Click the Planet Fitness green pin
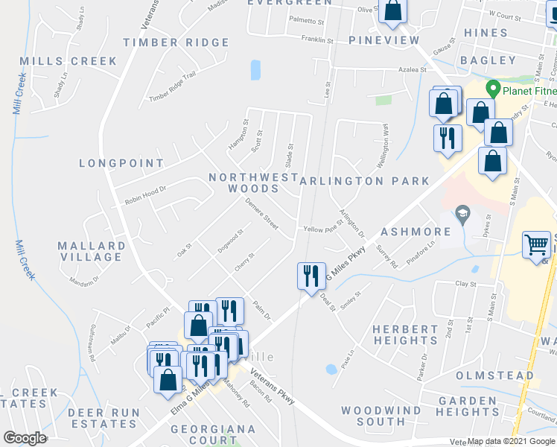pyautogui.click(x=491, y=89)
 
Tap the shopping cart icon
pyautogui.click(x=536, y=245)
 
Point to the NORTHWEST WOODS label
pyautogui.click(x=254, y=183)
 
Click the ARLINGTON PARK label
pyautogui.click(x=364, y=181)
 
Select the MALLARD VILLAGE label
pyautogui.click(x=92, y=251)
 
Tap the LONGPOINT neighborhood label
pyautogui.click(x=121, y=163)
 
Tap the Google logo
pyautogui.click(x=25, y=438)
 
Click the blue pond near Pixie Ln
pyautogui.click(x=330, y=368)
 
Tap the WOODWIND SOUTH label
pyautogui.click(x=384, y=416)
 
